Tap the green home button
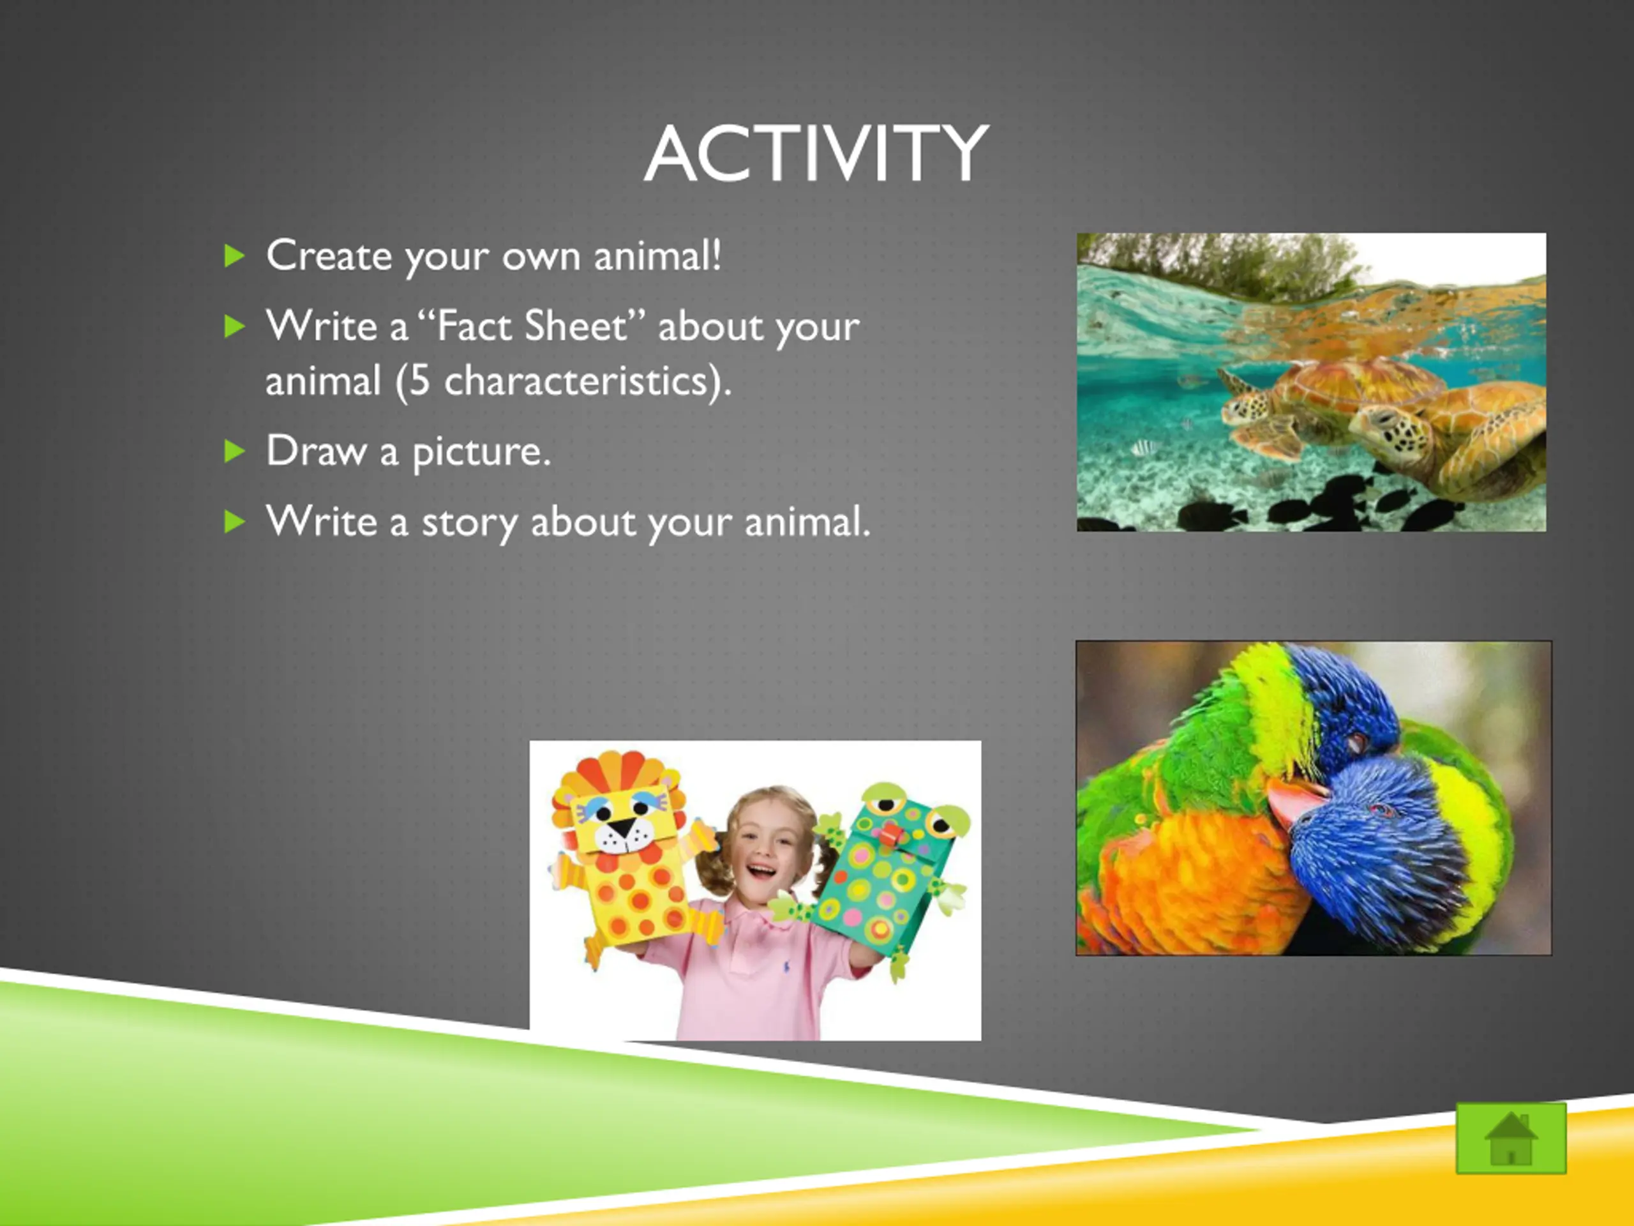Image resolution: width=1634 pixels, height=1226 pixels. click(x=1511, y=1138)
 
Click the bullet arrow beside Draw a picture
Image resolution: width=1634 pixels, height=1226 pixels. click(x=234, y=451)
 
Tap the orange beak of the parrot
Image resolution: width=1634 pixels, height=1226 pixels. click(x=1294, y=799)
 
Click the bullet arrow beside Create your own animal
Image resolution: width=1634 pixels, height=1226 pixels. click(x=234, y=257)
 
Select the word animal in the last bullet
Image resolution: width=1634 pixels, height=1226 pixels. click(x=807, y=522)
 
